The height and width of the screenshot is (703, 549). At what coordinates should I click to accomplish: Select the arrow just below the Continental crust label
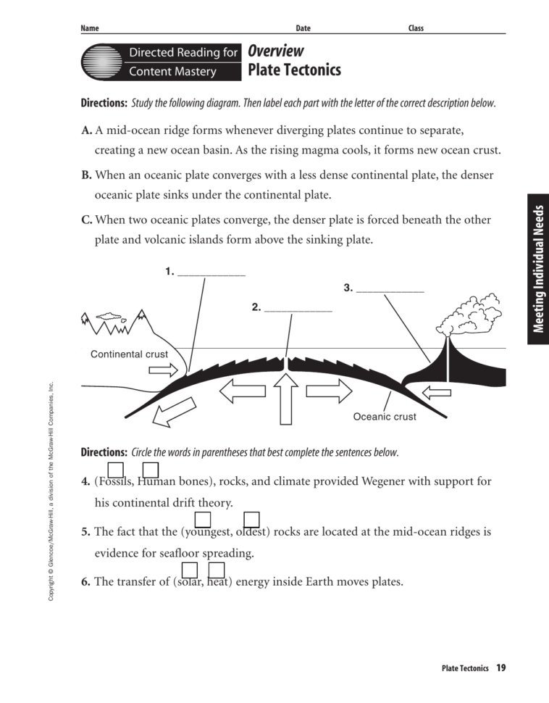pos(162,370)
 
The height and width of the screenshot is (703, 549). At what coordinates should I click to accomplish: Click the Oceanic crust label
pos(384,417)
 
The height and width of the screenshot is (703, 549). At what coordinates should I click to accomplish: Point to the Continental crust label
pos(129,354)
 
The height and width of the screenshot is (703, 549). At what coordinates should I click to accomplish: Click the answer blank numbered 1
pos(211,273)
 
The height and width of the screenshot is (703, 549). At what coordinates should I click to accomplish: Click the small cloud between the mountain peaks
pos(109,317)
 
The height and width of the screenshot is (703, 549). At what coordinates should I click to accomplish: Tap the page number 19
pos(500,667)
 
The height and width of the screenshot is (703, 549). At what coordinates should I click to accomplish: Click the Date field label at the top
pos(303,28)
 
